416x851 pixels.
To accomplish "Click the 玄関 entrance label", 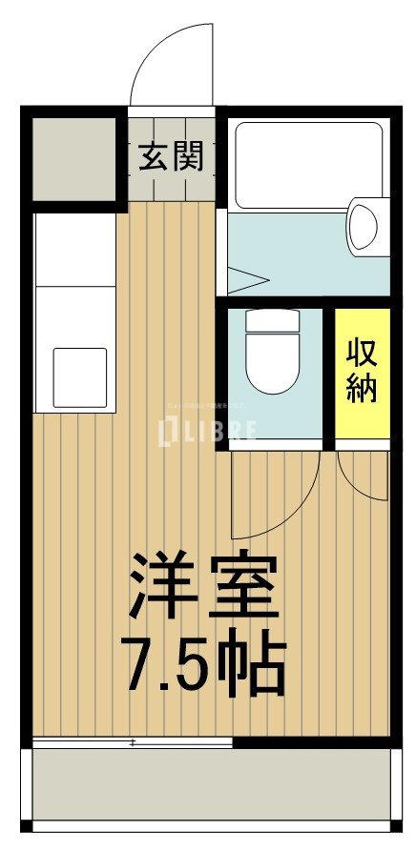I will (173, 156).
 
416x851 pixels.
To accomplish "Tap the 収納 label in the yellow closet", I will (362, 371).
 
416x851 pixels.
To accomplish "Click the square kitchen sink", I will (79, 377).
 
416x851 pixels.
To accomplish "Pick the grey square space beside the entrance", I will (73, 159).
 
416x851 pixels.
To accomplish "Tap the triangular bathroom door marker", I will (243, 280).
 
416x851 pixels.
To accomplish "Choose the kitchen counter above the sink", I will (74, 276).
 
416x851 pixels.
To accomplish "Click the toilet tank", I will (273, 321).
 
